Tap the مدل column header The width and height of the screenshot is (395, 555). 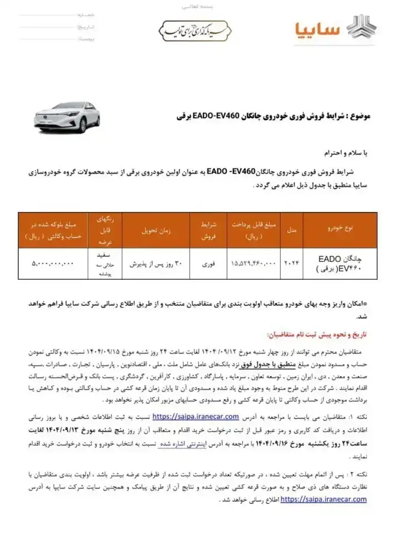pyautogui.click(x=291, y=228)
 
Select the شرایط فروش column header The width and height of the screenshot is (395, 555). pyautogui.click(x=206, y=228)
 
